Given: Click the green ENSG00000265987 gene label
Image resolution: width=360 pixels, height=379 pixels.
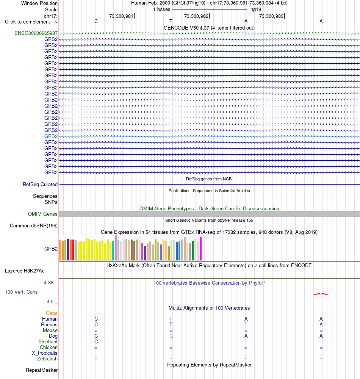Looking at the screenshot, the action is point(36,33).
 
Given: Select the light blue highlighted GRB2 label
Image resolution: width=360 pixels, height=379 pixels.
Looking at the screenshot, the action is point(51,136).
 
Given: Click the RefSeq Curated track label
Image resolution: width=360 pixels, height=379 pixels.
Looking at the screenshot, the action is point(40,185).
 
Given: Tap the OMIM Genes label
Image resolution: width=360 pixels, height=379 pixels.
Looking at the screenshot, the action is point(42,214).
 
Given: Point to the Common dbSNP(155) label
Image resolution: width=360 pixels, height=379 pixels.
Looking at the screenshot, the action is point(34,226).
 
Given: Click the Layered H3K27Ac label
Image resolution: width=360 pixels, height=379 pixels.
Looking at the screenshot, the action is point(25,271).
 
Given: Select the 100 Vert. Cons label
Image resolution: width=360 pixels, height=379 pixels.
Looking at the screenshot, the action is point(21,292).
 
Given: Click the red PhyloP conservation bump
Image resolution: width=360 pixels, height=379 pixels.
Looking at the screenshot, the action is point(321,294).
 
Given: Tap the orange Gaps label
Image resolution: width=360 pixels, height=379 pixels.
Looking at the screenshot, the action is point(52,313).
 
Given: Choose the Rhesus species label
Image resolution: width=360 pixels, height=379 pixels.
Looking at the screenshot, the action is point(49,325).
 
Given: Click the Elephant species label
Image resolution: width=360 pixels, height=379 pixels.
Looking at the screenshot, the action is point(48,341).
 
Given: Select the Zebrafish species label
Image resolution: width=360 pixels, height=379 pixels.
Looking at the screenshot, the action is point(47,359).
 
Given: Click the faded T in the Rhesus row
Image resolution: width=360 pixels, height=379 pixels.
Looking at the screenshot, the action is point(246,325).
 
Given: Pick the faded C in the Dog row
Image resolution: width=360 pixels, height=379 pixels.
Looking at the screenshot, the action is point(171,336).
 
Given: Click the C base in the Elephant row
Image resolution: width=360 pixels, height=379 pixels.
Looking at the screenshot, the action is point(96,341).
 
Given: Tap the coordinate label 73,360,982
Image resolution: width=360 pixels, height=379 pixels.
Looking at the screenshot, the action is point(196,16).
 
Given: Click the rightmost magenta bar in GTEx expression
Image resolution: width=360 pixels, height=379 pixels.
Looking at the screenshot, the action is point(200,249).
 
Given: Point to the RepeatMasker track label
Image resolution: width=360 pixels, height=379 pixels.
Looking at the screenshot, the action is point(42,370).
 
